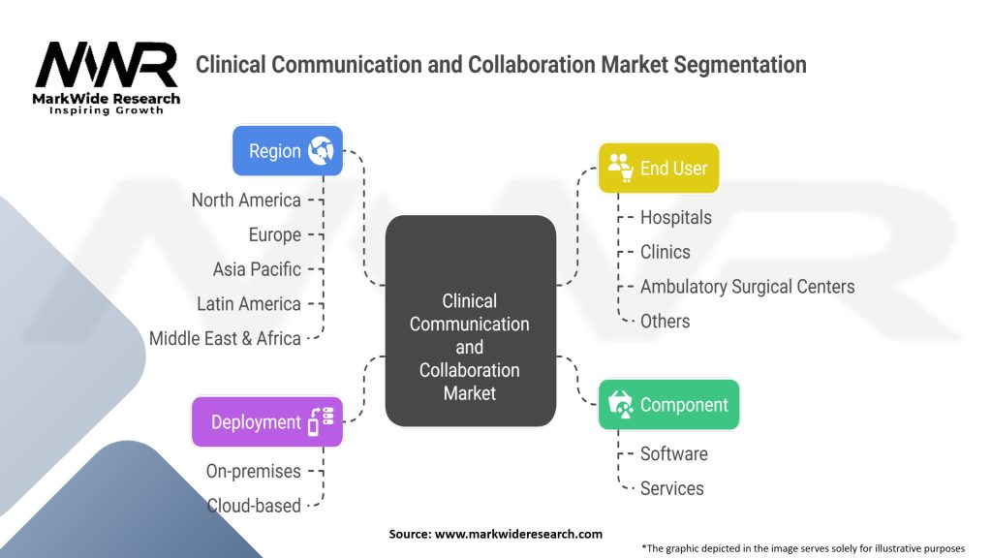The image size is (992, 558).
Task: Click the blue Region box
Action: (x=288, y=151)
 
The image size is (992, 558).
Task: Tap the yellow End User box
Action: (x=659, y=168)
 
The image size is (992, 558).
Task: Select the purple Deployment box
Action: (x=266, y=421)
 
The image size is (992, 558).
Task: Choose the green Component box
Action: (x=668, y=404)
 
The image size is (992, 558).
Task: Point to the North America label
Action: (x=246, y=201)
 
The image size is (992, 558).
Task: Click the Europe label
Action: (x=275, y=234)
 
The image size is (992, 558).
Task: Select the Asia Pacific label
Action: (x=257, y=269)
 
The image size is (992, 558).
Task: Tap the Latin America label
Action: (x=249, y=304)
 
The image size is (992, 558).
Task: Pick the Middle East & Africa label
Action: (x=225, y=338)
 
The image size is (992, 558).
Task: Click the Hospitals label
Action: (x=675, y=217)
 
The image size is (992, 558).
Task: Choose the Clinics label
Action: (x=665, y=252)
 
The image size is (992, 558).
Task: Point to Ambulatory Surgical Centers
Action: (x=747, y=287)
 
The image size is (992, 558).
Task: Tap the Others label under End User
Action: (x=665, y=321)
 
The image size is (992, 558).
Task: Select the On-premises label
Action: (x=253, y=471)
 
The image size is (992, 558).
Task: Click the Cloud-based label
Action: (x=254, y=505)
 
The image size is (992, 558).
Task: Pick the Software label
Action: (x=673, y=453)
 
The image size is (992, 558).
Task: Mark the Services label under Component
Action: (x=671, y=488)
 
